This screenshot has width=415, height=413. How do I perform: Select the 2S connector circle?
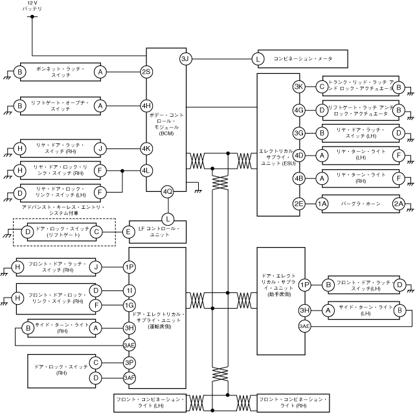pyautogui.click(x=146, y=72)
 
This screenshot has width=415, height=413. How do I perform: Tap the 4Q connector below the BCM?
pyautogui.click(x=168, y=191)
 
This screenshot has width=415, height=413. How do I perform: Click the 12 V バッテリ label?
pyautogui.click(x=32, y=8)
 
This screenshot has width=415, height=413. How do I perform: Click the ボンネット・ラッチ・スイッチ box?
pyautogui.click(x=60, y=72)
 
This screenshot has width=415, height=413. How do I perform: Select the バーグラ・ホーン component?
pyautogui.click(x=359, y=204)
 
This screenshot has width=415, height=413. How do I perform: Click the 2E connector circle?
pyautogui.click(x=298, y=204)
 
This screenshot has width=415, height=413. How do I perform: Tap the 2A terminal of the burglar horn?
pyautogui.click(x=399, y=204)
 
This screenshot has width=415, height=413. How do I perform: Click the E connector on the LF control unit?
pyautogui.click(x=128, y=231)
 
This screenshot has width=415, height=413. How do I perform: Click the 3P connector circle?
pyautogui.click(x=129, y=362)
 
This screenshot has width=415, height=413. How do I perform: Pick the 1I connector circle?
pyautogui.click(x=129, y=289)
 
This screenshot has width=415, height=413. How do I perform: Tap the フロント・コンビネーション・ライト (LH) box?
pyautogui.click(x=151, y=401)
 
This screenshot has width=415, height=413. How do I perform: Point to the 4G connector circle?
pyautogui.click(x=298, y=110)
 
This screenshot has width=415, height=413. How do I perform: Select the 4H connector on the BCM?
pyautogui.click(x=146, y=105)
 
